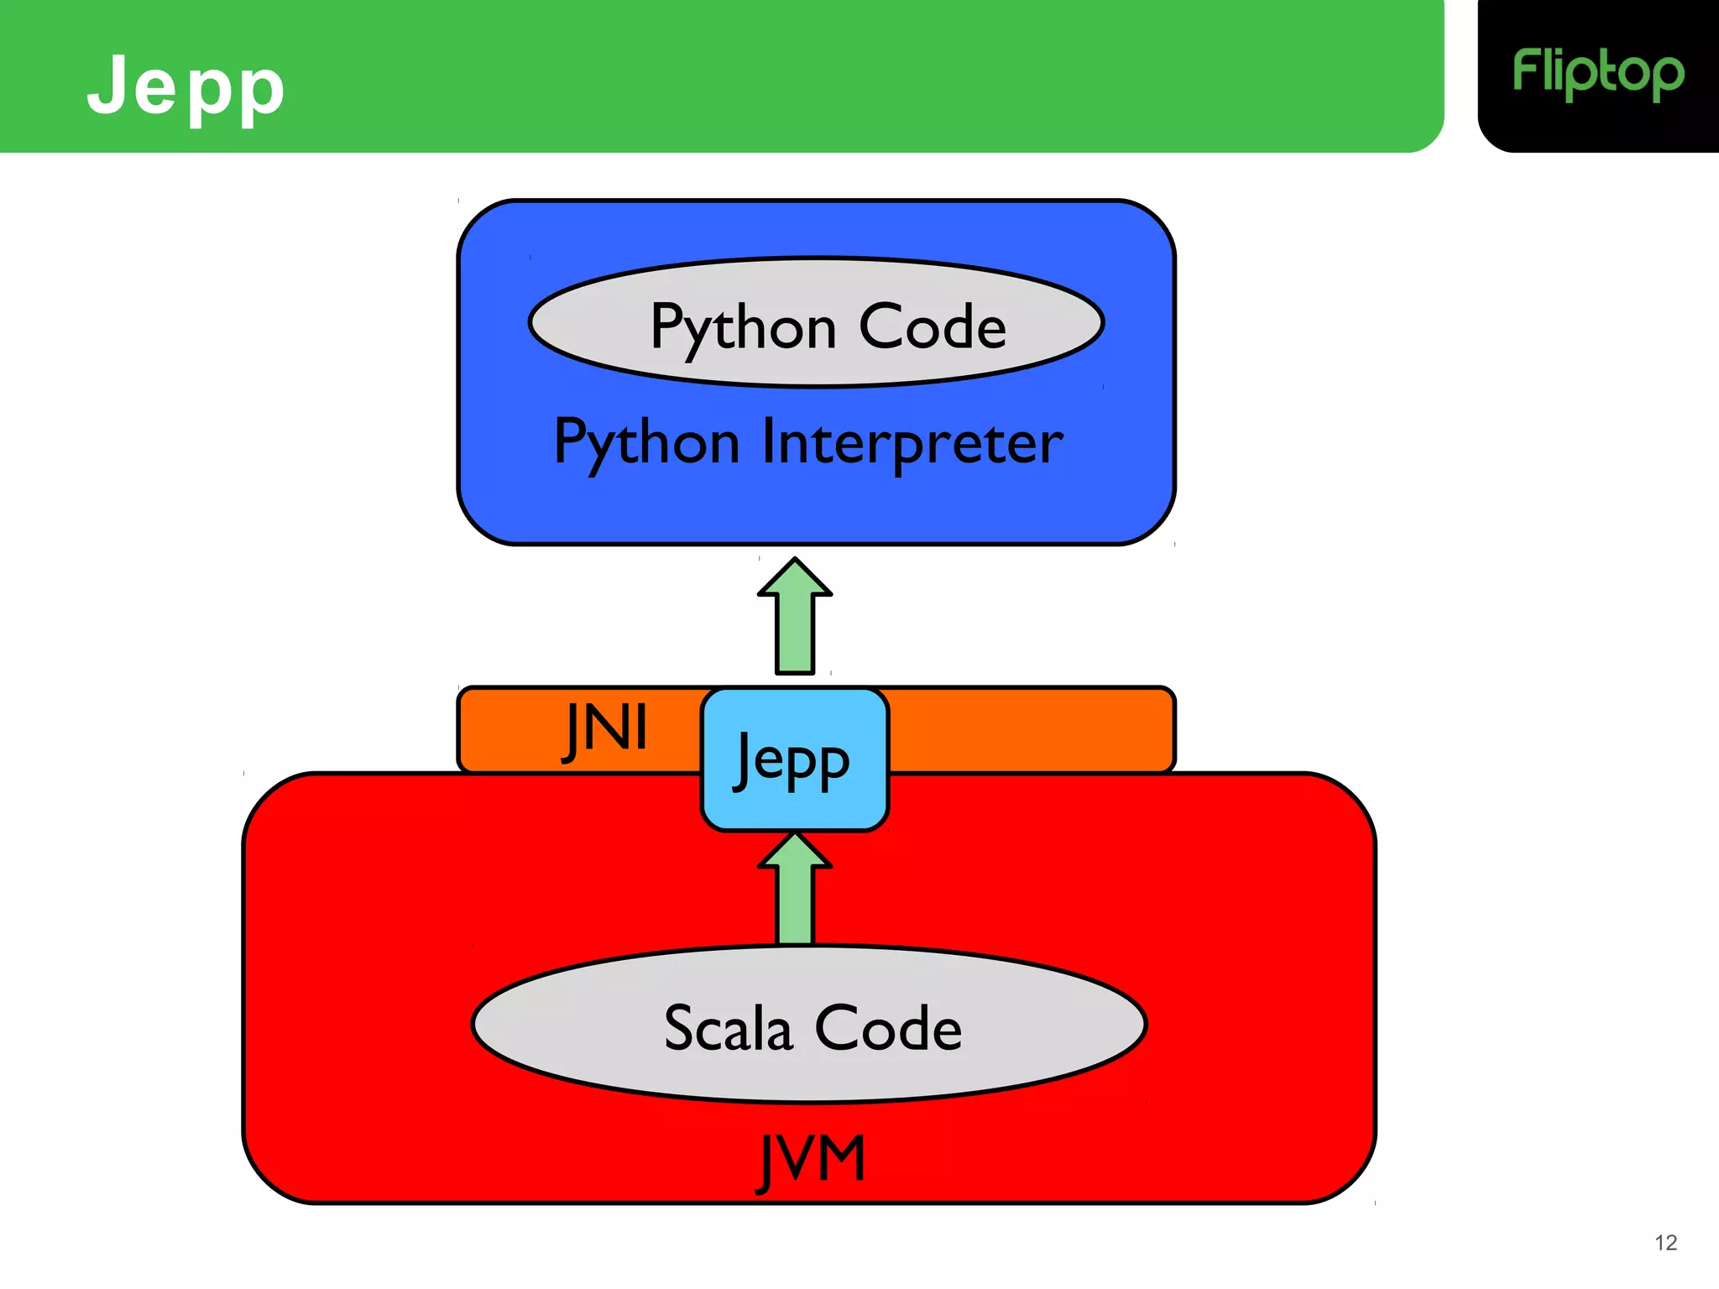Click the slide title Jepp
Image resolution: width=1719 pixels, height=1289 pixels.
[185, 86]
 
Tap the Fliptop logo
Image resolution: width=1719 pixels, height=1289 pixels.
[1597, 74]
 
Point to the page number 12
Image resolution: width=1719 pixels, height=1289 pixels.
[1665, 1243]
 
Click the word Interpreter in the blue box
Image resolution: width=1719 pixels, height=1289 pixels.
[912, 443]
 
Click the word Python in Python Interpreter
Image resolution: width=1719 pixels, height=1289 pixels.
[646, 443]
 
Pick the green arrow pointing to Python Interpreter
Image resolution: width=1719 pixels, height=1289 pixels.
[795, 621]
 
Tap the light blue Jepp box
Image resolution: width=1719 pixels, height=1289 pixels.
[794, 759]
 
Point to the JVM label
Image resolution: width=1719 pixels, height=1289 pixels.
[811, 1160]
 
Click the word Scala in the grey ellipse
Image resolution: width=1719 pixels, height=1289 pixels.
[728, 1028]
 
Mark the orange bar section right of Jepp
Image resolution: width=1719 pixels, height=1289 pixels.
[1031, 728]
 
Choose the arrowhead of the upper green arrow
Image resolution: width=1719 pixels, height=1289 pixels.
[795, 578]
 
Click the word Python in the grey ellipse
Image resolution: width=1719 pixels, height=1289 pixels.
[743, 327]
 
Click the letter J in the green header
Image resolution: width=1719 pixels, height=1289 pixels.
[107, 83]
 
